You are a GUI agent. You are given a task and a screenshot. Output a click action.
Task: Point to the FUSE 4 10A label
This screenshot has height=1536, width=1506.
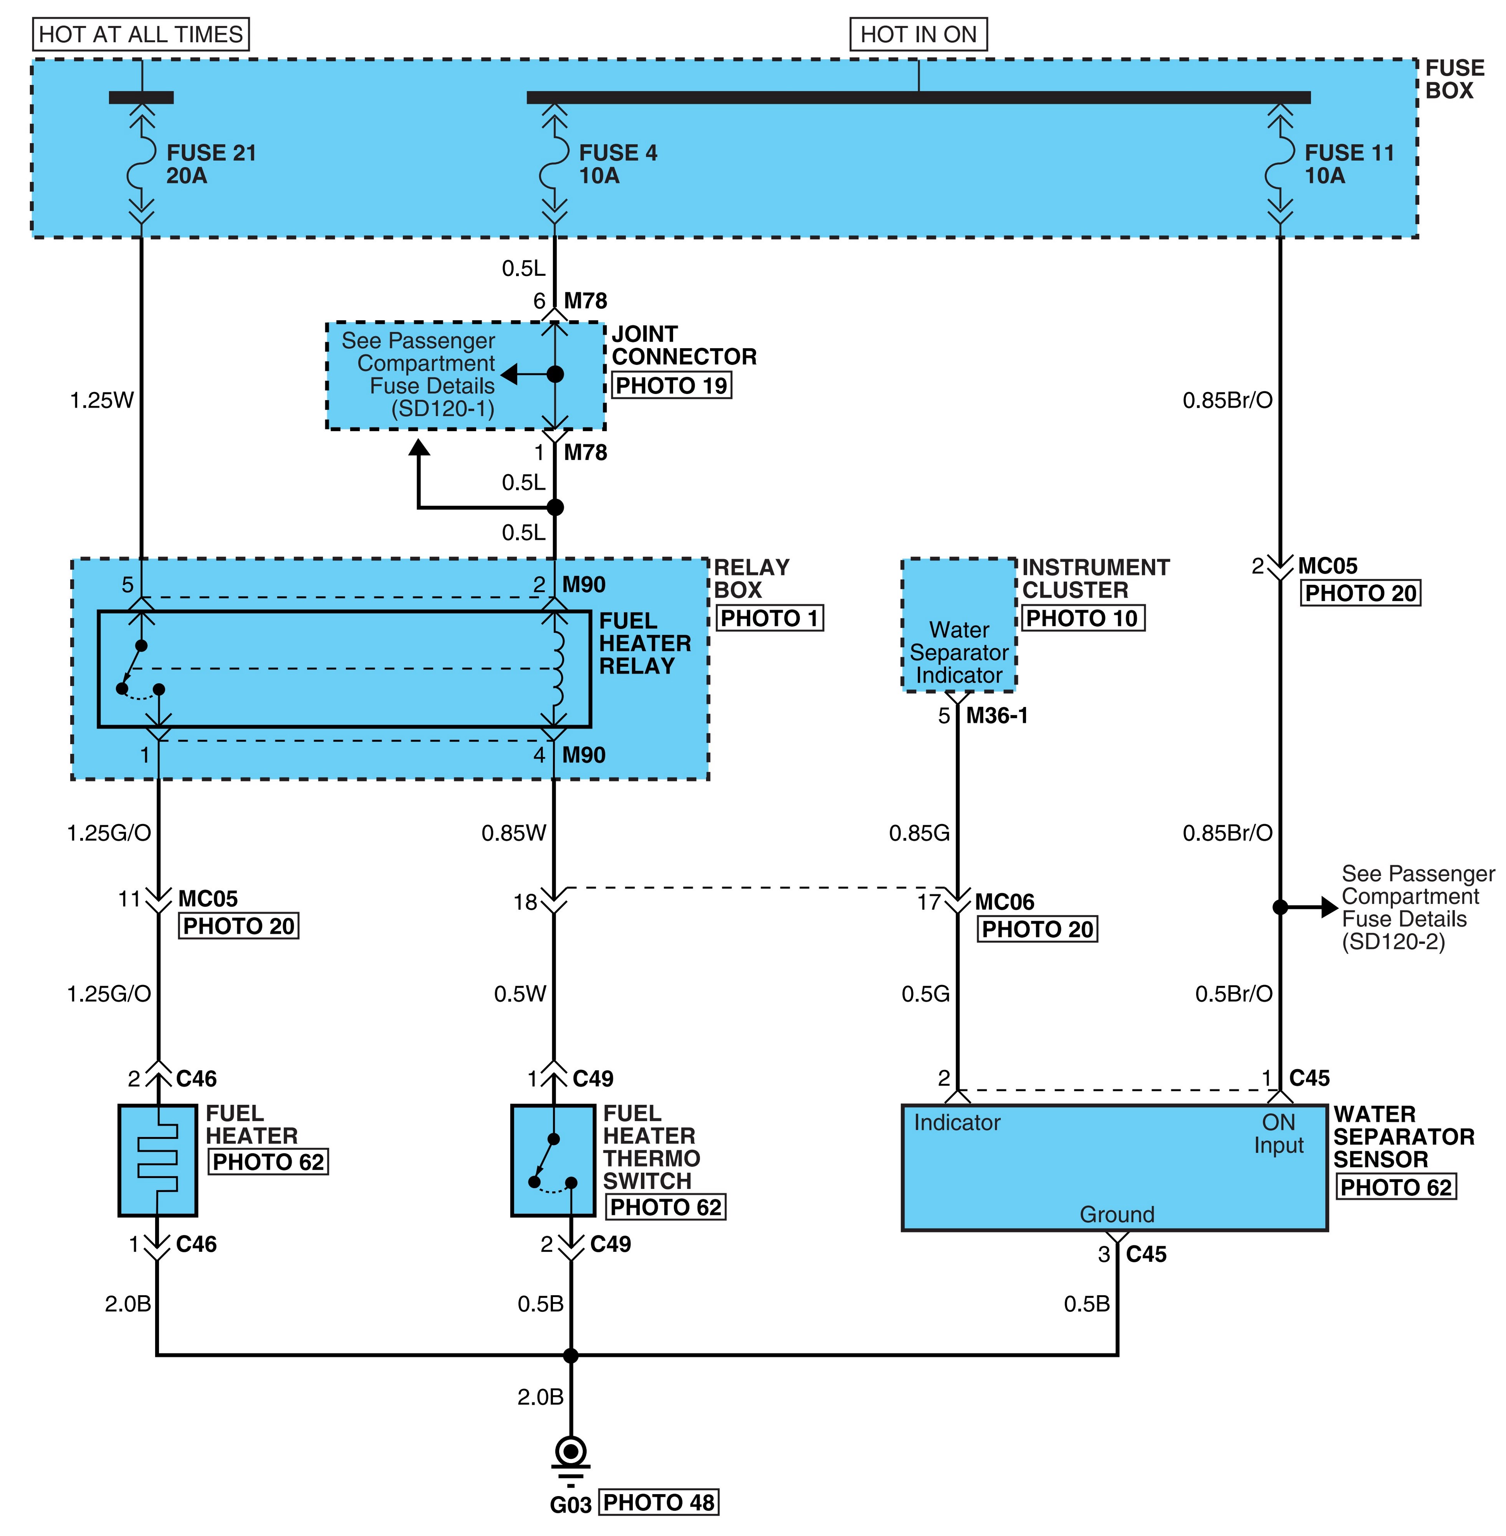[618, 164]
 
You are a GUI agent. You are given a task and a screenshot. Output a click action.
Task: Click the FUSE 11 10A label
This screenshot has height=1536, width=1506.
[1349, 164]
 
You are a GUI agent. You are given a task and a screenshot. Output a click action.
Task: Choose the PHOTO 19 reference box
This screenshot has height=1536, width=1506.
[672, 386]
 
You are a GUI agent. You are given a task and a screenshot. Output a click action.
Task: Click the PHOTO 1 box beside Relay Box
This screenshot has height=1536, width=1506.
[770, 618]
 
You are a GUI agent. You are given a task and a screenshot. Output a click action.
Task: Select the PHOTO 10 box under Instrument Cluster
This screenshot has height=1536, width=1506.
[1082, 618]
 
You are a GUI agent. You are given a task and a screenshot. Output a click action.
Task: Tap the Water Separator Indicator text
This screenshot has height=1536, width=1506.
[959, 652]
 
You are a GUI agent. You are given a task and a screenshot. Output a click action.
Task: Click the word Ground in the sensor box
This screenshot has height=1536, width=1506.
[1117, 1214]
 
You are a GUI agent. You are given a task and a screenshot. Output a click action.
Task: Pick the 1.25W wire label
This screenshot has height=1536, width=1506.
[102, 400]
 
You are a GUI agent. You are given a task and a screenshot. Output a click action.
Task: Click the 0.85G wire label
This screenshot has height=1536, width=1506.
[919, 833]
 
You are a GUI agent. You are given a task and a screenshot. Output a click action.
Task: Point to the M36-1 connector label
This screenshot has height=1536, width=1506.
[996, 716]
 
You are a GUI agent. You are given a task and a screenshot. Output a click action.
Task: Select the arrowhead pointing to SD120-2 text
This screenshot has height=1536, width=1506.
[1329, 907]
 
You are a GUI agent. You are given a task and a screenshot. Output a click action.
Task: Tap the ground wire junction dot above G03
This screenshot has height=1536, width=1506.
[570, 1355]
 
